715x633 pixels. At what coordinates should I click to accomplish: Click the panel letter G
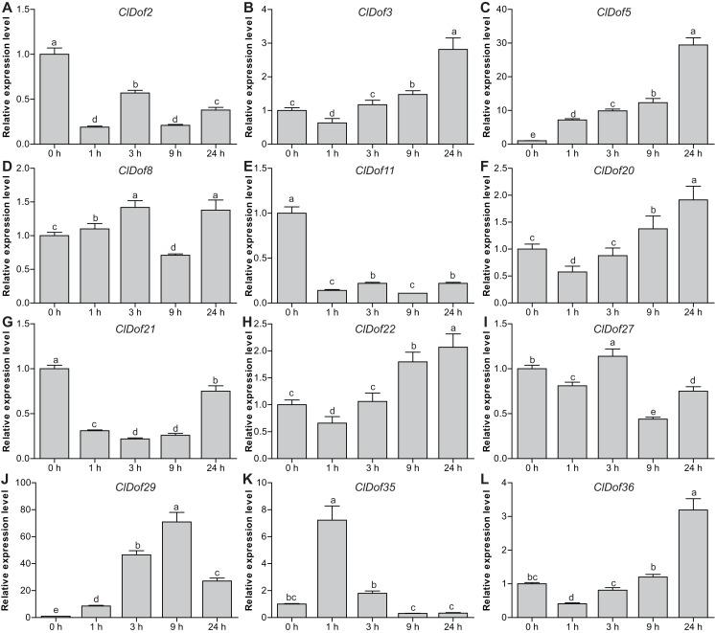[8, 324]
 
